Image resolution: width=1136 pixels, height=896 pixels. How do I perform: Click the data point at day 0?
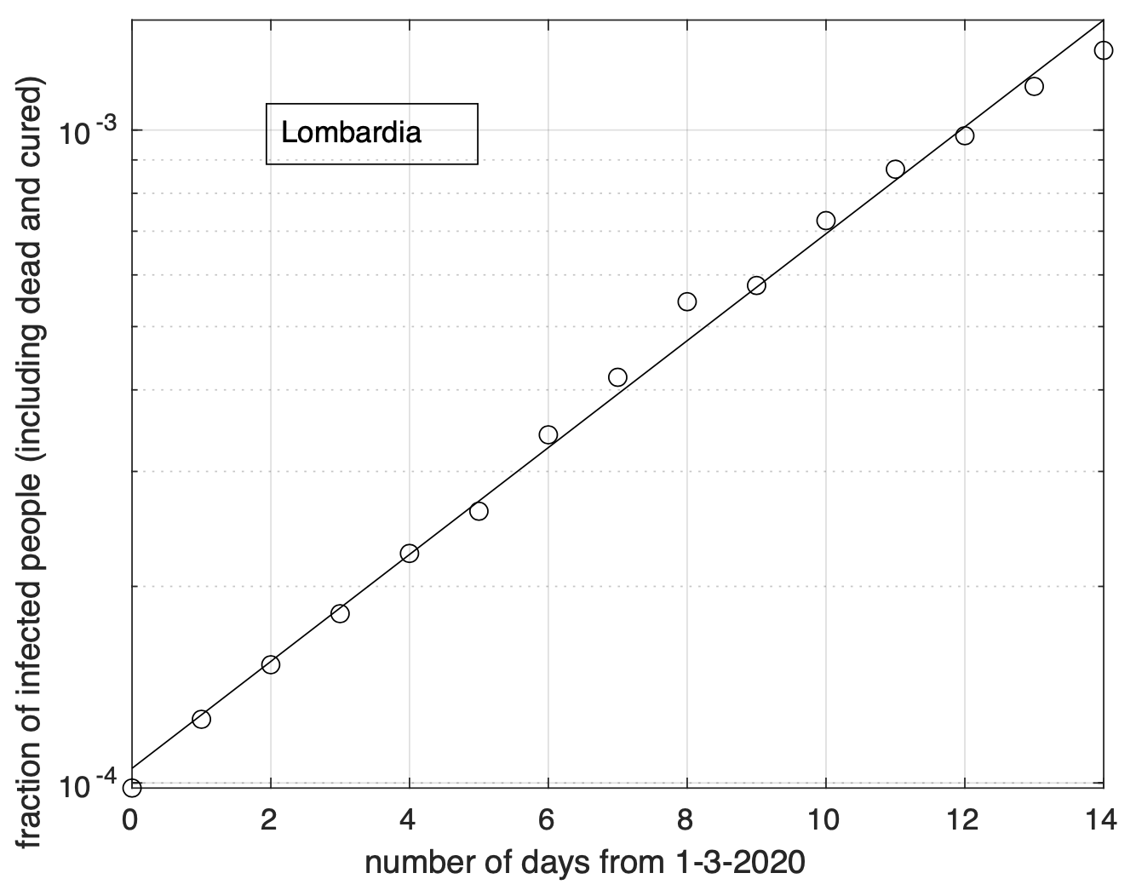click(132, 788)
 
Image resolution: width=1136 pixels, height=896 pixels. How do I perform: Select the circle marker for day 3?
click(340, 613)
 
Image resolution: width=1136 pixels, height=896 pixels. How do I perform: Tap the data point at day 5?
click(479, 511)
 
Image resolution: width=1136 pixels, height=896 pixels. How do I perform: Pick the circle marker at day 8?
click(687, 302)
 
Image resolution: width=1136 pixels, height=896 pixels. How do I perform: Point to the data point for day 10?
click(826, 221)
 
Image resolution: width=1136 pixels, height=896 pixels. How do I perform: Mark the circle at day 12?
click(965, 135)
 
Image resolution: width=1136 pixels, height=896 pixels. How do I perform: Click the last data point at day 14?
click(1104, 50)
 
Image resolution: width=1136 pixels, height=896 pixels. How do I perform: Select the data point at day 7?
click(618, 376)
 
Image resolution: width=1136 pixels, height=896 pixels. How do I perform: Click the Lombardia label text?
click(351, 133)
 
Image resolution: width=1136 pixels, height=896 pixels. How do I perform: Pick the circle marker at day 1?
click(201, 719)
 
